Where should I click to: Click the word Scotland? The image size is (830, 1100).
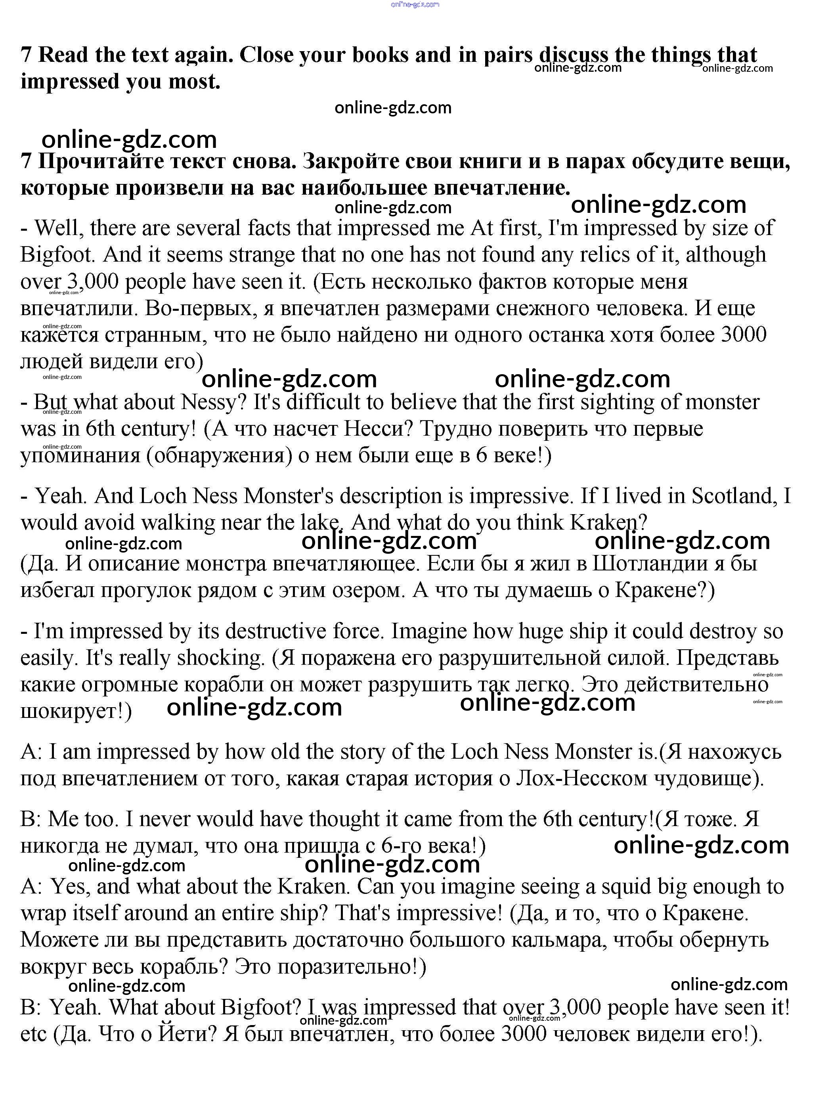click(733, 496)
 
